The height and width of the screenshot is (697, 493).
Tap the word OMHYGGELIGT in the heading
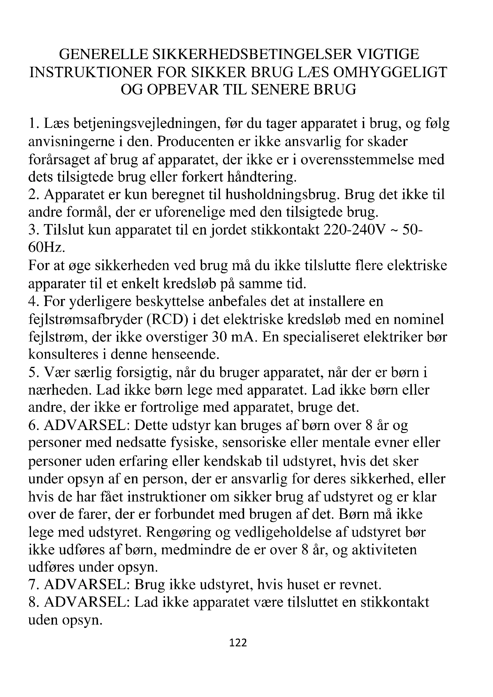coord(390,72)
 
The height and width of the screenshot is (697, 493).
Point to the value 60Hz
coord(46,248)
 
